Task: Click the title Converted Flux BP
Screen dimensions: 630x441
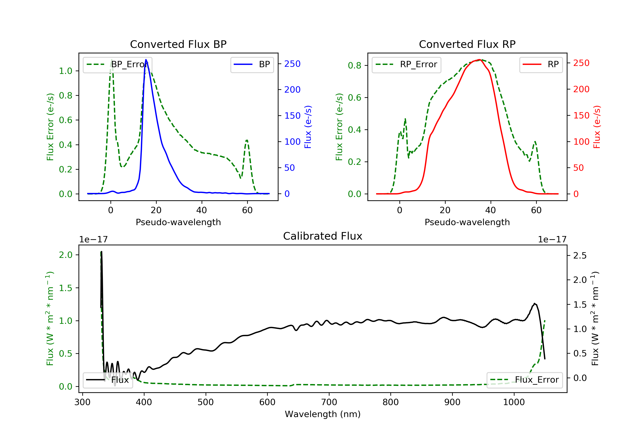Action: point(178,44)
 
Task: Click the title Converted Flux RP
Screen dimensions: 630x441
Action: point(467,44)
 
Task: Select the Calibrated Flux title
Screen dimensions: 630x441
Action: point(323,236)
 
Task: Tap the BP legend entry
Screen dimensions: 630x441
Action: point(252,64)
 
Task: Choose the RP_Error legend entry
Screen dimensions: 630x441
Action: point(406,64)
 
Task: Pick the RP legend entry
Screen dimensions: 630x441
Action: point(541,64)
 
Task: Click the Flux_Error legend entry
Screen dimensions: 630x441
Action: point(525,380)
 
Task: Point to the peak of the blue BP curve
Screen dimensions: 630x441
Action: point(146,60)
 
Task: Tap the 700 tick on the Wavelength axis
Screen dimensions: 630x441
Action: point(329,402)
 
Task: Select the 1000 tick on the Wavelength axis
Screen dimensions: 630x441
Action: point(514,402)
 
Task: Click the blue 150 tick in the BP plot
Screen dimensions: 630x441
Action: point(292,115)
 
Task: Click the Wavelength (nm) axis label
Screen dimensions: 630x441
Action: point(323,414)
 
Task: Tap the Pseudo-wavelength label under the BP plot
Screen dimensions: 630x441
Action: point(178,222)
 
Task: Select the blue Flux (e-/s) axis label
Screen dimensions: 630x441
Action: point(308,127)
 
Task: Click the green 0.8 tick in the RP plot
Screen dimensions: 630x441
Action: point(354,65)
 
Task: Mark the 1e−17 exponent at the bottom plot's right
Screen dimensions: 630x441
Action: point(552,240)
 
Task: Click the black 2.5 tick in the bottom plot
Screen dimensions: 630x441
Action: point(580,256)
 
